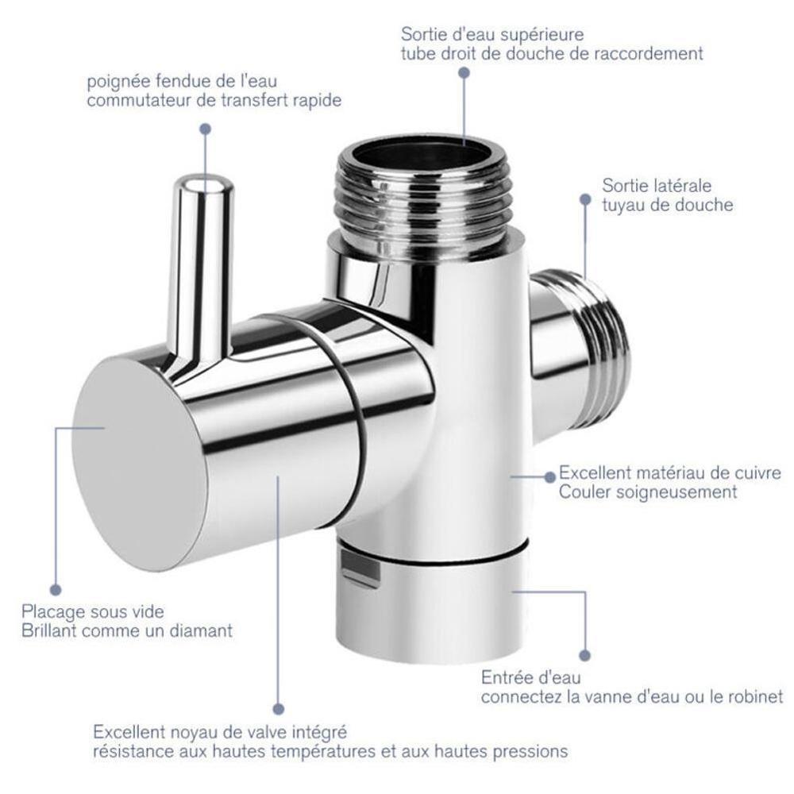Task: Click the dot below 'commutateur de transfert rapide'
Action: pyautogui.click(x=206, y=129)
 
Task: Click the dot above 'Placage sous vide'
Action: pyautogui.click(x=56, y=590)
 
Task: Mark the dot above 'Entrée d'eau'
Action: pyautogui.click(x=585, y=655)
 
